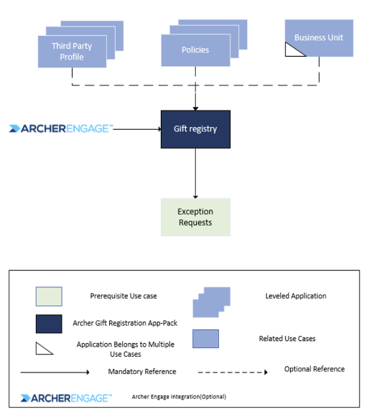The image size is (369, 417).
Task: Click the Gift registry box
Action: pyautogui.click(x=195, y=129)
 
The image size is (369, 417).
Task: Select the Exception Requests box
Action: pyautogui.click(x=195, y=217)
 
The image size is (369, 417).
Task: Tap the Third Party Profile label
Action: pyautogui.click(x=72, y=52)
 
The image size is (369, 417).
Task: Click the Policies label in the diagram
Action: pyautogui.click(x=195, y=50)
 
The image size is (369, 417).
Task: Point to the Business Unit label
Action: pyautogui.click(x=319, y=37)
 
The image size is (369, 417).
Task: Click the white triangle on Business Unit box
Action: pyautogui.click(x=292, y=51)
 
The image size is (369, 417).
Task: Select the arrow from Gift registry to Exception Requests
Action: pyautogui.click(x=195, y=174)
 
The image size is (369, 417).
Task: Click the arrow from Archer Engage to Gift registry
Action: pyautogui.click(x=137, y=129)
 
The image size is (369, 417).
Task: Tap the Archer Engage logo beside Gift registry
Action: pyautogui.click(x=61, y=128)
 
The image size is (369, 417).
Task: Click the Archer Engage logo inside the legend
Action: pyautogui.click(x=66, y=398)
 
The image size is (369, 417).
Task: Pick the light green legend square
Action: pyautogui.click(x=49, y=296)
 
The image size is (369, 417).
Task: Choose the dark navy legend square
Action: pyautogui.click(x=49, y=324)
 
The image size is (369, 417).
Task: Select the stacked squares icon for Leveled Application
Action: pyautogui.click(x=212, y=302)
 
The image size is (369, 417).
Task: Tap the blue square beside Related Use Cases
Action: pyautogui.click(x=205, y=339)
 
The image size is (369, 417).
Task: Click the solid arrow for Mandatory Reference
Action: pyautogui.click(x=55, y=373)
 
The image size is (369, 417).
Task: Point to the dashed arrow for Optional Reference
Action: pyautogui.click(x=233, y=373)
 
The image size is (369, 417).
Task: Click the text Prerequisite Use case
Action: pyautogui.click(x=123, y=296)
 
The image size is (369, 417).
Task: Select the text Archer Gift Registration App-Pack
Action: pyautogui.click(x=125, y=323)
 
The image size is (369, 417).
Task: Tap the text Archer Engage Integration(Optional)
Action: pyautogui.click(x=179, y=397)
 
